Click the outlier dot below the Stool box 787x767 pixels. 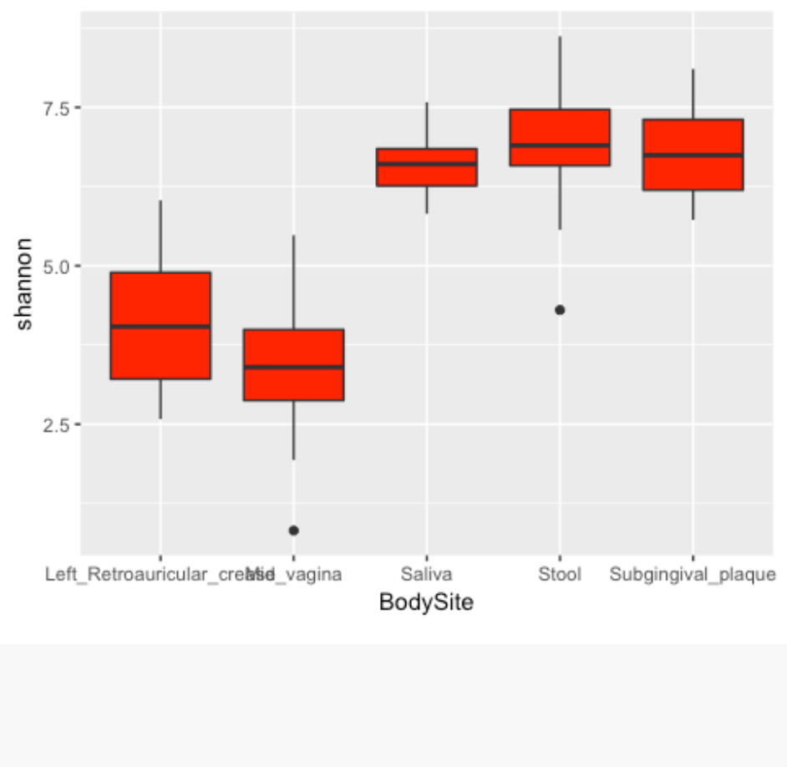coord(560,310)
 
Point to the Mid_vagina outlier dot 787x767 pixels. coord(293,531)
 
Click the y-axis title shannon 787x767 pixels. coord(25,284)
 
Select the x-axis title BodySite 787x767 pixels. coord(426,602)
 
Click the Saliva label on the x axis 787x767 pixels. coord(426,575)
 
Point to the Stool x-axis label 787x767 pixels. coord(560,575)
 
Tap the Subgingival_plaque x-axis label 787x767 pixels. coord(693,575)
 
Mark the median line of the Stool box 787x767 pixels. coord(560,145)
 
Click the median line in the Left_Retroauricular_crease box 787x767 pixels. coord(160,327)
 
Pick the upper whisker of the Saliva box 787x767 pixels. coord(426,125)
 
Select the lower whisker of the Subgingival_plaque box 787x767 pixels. coord(693,206)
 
